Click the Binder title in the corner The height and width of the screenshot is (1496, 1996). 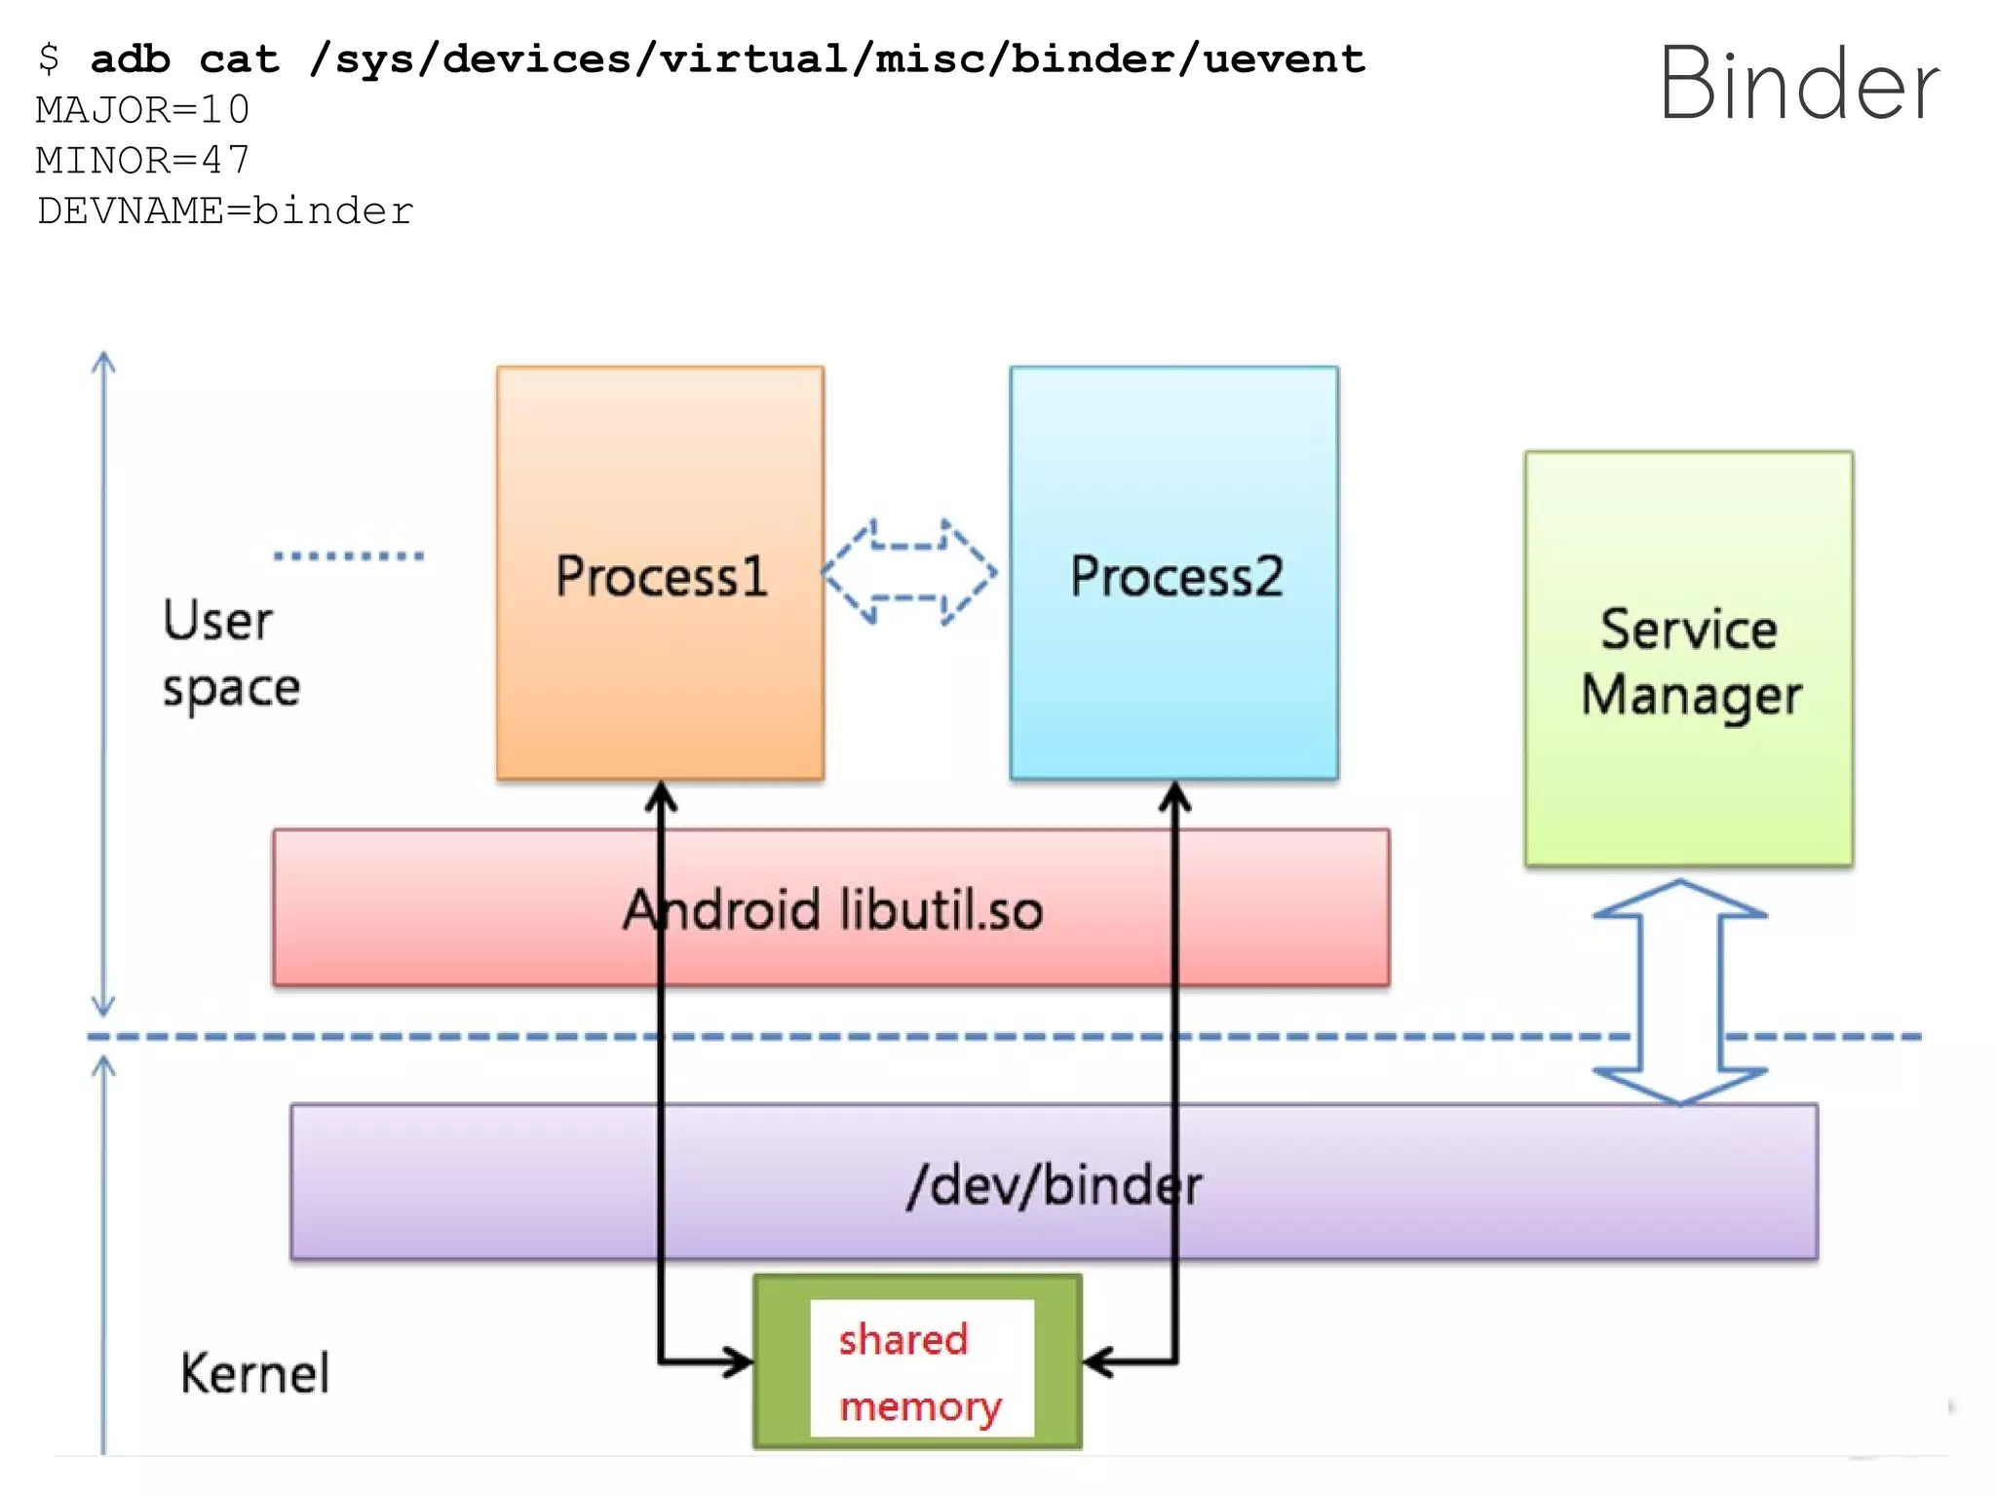click(1799, 86)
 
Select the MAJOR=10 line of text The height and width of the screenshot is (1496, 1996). click(143, 110)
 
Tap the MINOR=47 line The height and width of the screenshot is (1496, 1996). click(143, 161)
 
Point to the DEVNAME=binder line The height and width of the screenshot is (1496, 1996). click(225, 211)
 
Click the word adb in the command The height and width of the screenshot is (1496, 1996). click(131, 59)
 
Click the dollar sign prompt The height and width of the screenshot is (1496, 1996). click(48, 59)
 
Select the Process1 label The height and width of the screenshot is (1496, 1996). click(661, 576)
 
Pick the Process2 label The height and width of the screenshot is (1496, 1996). click(1175, 576)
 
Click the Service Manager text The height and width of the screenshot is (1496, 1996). click(1690, 662)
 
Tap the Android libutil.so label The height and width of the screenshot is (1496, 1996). click(832, 909)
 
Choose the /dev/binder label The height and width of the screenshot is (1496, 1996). click(1054, 1185)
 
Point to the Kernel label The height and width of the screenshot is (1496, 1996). click(254, 1373)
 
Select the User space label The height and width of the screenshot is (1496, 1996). click(230, 653)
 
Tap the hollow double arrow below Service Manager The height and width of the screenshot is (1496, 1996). click(1680, 992)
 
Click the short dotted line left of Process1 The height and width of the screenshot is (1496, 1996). click(349, 556)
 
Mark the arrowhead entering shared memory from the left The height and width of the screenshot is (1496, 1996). click(736, 1362)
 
